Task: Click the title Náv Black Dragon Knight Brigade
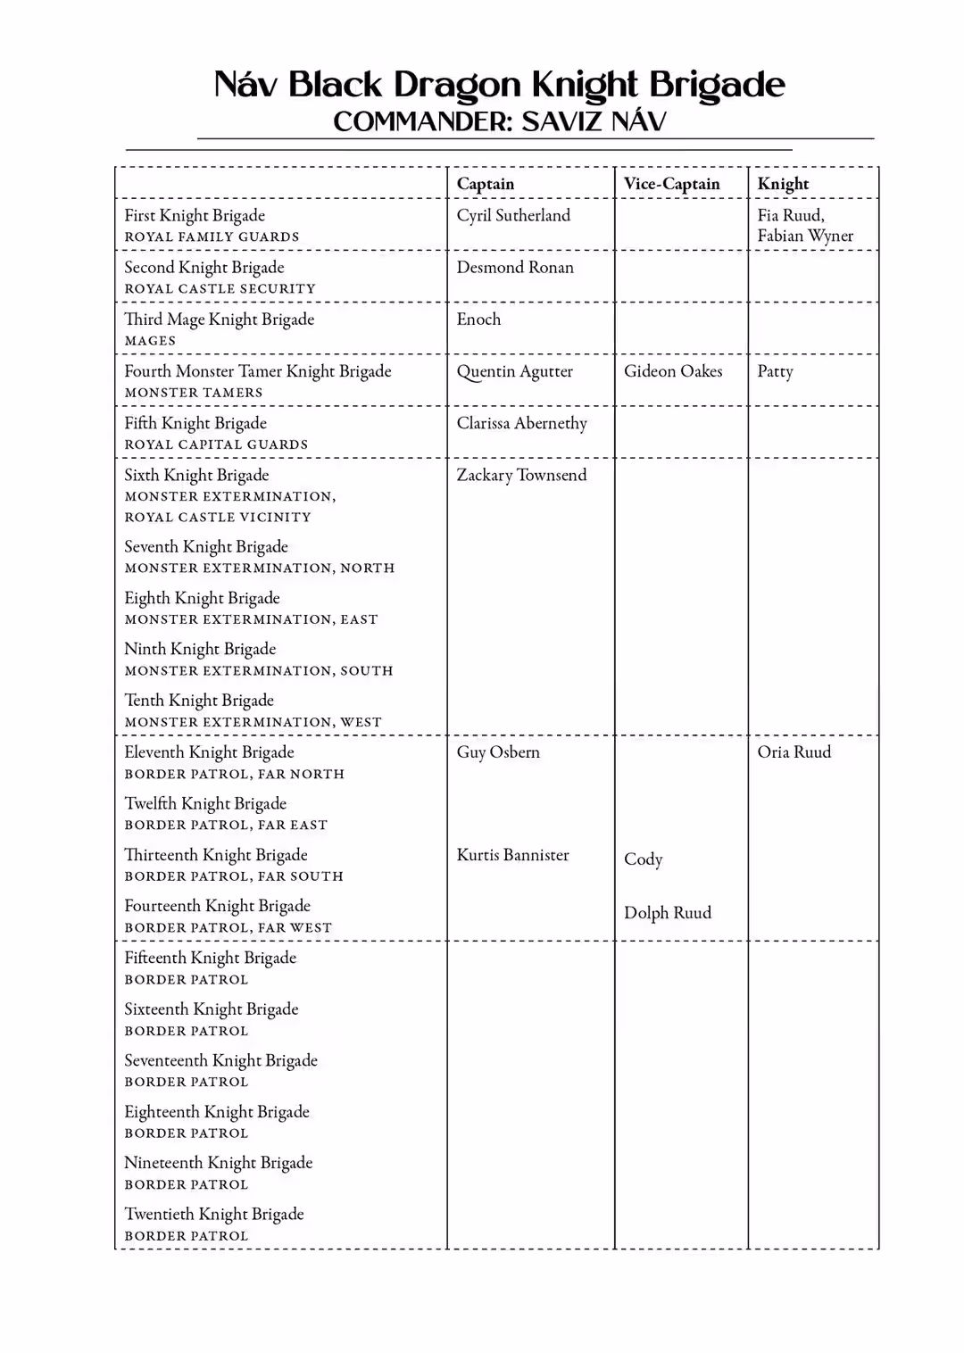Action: [499, 85]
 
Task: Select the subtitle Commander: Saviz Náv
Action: [499, 121]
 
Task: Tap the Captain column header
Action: [486, 184]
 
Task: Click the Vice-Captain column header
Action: [671, 184]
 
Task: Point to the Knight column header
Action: [783, 184]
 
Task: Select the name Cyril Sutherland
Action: [513, 215]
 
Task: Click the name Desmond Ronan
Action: [515, 267]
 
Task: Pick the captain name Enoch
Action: [478, 319]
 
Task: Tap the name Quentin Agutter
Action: [515, 371]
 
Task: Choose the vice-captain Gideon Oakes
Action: [673, 371]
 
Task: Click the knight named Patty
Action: [775, 371]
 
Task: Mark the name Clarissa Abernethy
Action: [522, 423]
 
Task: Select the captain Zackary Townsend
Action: [521, 475]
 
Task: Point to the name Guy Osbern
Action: [498, 751]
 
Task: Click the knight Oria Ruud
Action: [794, 751]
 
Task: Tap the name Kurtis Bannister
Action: [512, 854]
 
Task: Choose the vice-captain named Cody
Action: [643, 859]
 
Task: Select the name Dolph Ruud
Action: [668, 912]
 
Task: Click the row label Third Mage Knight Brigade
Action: [220, 320]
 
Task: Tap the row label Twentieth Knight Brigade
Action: [214, 1214]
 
